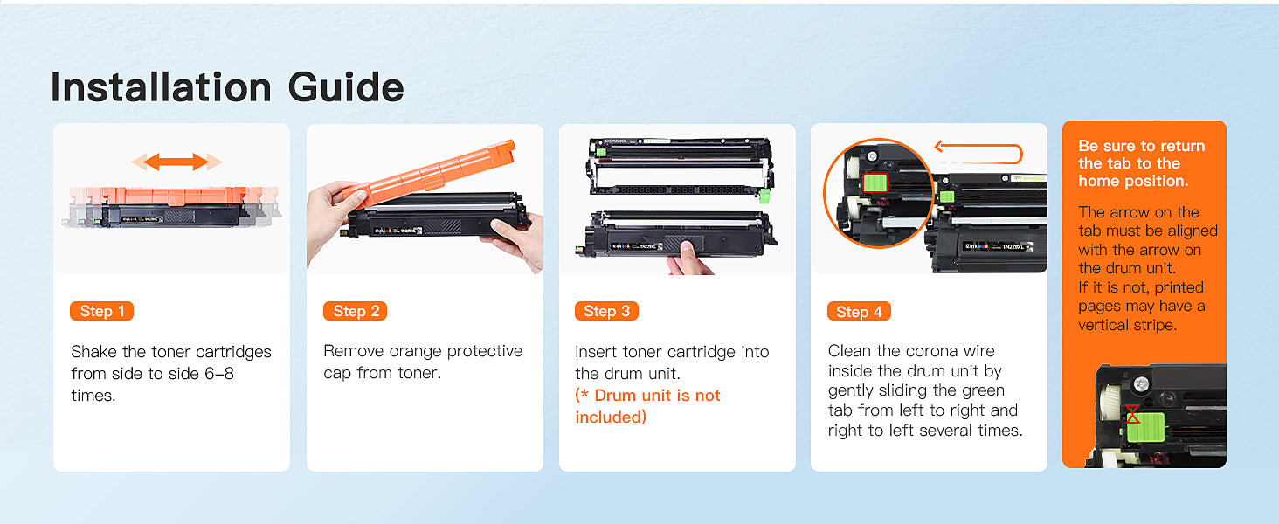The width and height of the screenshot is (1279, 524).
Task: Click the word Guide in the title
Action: pyautogui.click(x=346, y=87)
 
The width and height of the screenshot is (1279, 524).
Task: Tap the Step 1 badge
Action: pyautogui.click(x=101, y=311)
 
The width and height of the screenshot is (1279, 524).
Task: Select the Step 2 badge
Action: pyautogui.click(x=356, y=311)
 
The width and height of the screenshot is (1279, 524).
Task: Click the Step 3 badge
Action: pyautogui.click(x=606, y=311)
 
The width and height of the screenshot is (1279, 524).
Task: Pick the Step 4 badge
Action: pyautogui.click(x=859, y=312)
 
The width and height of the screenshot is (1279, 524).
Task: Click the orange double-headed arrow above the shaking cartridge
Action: pyautogui.click(x=176, y=162)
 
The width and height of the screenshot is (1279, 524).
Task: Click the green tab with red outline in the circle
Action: pyautogui.click(x=875, y=183)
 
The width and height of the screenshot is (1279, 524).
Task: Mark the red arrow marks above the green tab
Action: pyautogui.click(x=1133, y=414)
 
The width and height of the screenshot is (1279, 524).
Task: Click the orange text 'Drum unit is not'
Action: pyautogui.click(x=647, y=395)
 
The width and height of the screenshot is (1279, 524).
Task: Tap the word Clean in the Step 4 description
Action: pyautogui.click(x=850, y=350)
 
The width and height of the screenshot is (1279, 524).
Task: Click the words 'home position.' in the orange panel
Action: pyautogui.click(x=1133, y=181)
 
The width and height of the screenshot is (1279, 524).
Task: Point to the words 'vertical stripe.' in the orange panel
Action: pyautogui.click(x=1127, y=325)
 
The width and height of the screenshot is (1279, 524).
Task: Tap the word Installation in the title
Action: pyautogui.click(x=161, y=87)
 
